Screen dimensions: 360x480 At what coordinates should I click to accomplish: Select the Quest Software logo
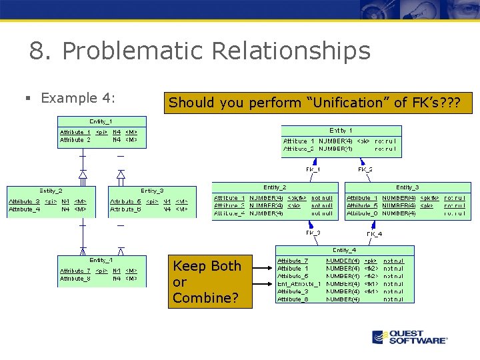409,337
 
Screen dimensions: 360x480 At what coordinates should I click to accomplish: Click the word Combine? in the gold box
205,297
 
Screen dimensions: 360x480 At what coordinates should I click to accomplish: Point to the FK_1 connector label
313,169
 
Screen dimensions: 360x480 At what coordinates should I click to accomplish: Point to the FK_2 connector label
365,169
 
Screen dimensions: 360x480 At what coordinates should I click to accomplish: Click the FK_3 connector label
313,233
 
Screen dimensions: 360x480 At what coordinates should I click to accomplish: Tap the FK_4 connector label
374,234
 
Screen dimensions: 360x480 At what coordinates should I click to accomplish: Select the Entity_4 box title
345,250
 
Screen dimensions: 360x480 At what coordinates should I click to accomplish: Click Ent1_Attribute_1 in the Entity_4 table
299,283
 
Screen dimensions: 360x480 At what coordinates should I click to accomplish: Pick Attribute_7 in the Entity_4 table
293,260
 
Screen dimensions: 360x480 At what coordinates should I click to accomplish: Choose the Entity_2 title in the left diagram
51,191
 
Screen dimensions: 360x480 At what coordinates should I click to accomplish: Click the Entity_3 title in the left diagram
152,191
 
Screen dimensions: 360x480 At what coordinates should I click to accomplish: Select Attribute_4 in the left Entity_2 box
24,209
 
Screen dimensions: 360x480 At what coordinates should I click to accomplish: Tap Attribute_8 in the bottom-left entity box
75,279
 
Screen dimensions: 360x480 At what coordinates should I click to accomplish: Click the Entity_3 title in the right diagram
407,187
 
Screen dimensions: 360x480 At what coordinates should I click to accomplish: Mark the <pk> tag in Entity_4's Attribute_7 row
371,260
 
